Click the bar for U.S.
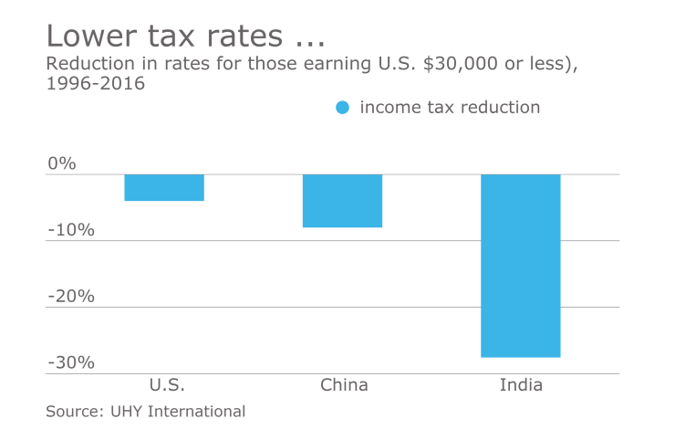(x=164, y=187)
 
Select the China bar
(x=342, y=201)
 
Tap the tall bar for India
(x=520, y=266)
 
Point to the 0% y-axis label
(x=62, y=163)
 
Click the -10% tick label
(x=71, y=230)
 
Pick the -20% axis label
(x=71, y=297)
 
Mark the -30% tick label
(x=71, y=362)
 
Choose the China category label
(x=344, y=384)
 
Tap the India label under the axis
(x=521, y=384)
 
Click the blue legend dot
(x=342, y=108)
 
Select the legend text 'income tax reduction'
(x=450, y=108)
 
